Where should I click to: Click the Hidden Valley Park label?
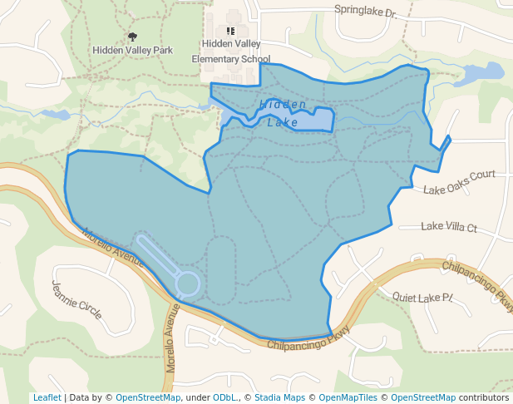(133, 50)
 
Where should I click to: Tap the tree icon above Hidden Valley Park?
(132, 37)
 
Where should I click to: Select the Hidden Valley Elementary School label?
(230, 52)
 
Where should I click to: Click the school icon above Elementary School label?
(230, 31)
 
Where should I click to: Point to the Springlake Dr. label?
(366, 12)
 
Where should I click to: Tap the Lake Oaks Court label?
(459, 182)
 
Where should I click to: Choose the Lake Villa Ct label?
(449, 226)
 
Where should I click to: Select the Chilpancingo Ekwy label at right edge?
(477, 283)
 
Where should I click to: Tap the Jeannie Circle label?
(76, 299)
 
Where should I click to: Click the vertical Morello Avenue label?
(172, 337)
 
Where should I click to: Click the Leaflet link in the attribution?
(47, 397)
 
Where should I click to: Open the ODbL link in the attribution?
(223, 397)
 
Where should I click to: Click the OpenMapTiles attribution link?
(348, 397)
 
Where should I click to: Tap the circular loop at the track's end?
(187, 284)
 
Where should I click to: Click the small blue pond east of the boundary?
(481, 72)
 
